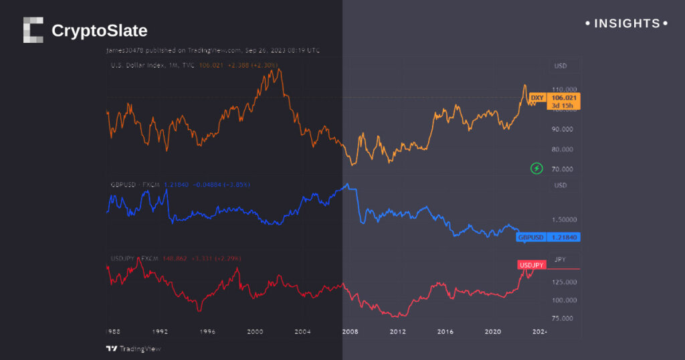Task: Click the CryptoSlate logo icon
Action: point(33,30)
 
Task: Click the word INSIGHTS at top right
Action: point(627,23)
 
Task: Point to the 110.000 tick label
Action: point(564,89)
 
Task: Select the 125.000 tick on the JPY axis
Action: point(564,282)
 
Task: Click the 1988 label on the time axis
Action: point(114,332)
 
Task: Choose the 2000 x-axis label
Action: point(254,332)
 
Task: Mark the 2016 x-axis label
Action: point(446,332)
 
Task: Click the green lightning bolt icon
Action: point(536,168)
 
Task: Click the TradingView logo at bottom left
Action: point(134,349)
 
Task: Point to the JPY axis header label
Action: point(560,259)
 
